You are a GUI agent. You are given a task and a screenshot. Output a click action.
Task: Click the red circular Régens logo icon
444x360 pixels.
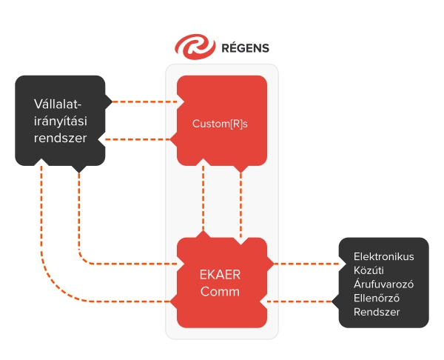tap(192, 47)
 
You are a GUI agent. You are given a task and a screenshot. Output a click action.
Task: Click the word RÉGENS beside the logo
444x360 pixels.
tap(245, 48)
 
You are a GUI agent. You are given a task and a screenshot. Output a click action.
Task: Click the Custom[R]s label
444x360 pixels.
tap(221, 124)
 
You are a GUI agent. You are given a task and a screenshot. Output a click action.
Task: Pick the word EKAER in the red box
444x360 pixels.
tap(221, 273)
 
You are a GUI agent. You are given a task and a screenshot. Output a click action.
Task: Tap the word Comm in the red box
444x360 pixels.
tap(221, 291)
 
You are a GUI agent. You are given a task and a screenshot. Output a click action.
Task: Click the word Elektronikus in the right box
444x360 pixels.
tap(383, 256)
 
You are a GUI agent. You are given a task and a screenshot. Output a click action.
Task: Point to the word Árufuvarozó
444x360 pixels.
tap(383, 284)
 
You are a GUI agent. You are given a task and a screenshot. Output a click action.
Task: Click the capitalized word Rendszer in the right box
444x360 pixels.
tap(377, 313)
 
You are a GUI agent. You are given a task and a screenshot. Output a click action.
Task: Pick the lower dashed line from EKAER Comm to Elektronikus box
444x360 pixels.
tap(303, 301)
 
